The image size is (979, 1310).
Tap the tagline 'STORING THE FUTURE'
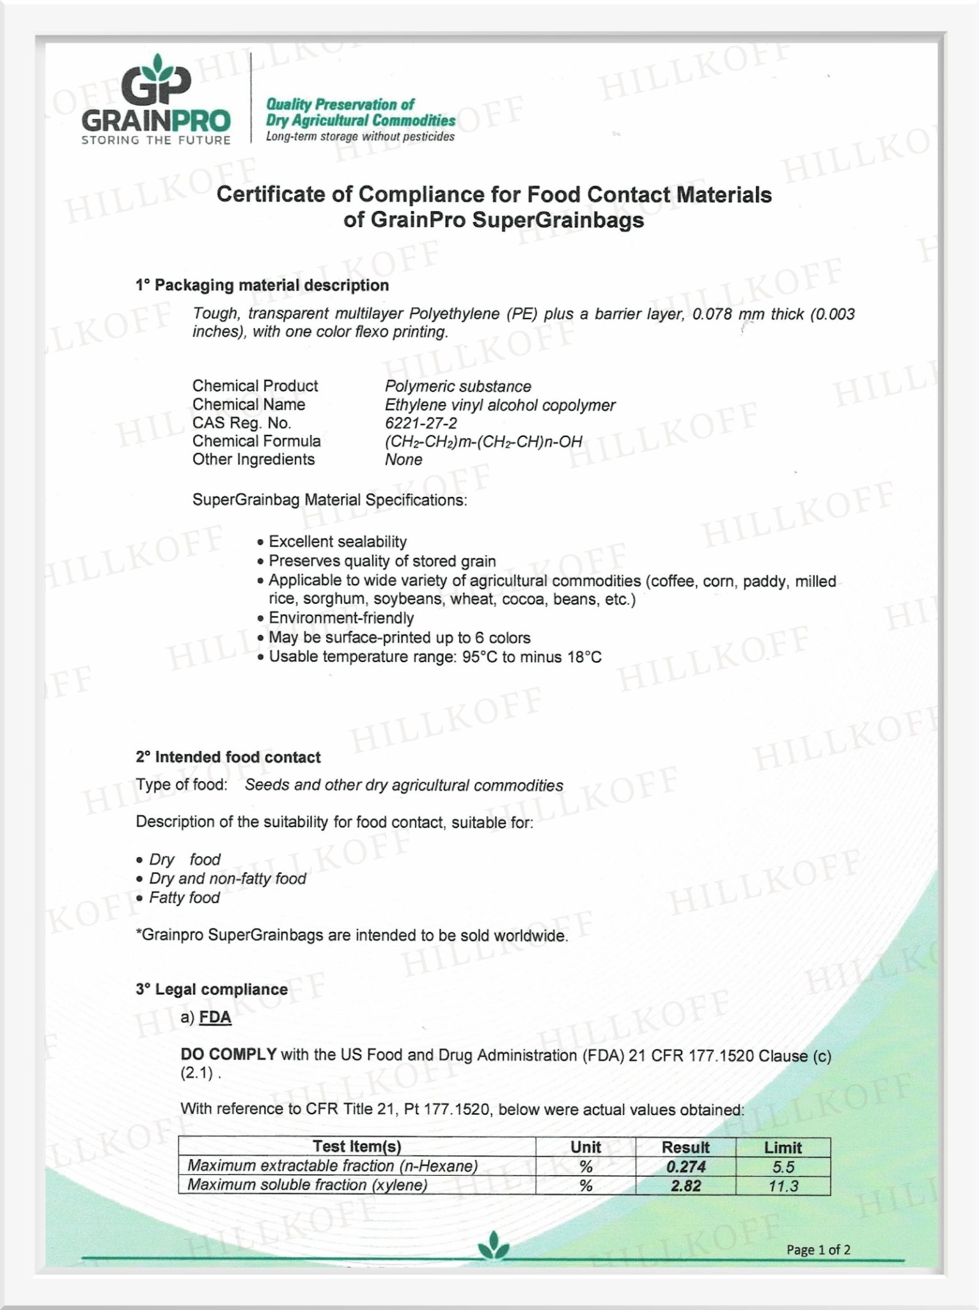[x=156, y=140]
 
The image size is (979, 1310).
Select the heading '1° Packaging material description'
[x=262, y=285]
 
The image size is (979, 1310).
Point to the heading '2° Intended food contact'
[x=228, y=757]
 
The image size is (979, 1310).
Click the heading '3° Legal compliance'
[x=211, y=990]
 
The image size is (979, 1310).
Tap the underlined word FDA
[x=215, y=1018]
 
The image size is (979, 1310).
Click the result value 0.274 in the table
[x=685, y=1167]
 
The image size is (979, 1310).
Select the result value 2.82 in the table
[x=685, y=1186]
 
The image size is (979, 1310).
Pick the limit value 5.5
[x=783, y=1167]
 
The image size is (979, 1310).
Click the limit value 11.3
[x=783, y=1186]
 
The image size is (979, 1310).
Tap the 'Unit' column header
[x=585, y=1148]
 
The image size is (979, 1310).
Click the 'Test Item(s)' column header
[x=356, y=1147]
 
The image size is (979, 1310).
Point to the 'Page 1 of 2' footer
[x=818, y=1250]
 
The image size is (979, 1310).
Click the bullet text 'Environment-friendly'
[x=341, y=619]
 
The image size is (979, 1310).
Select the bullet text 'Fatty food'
[x=184, y=898]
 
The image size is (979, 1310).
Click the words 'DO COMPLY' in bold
[x=228, y=1055]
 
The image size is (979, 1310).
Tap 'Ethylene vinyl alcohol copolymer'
[x=500, y=405]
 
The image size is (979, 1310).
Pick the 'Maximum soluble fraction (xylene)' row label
[x=307, y=1185]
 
